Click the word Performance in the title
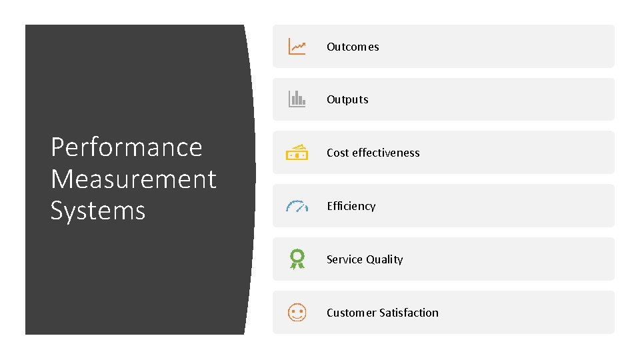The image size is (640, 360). (127, 147)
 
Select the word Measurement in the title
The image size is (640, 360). (133, 179)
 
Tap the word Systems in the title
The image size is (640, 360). (98, 211)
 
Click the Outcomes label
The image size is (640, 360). (353, 47)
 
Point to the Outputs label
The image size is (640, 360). (347, 100)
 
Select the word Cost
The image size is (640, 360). (337, 153)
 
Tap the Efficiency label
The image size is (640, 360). (351, 206)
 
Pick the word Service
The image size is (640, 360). (344, 259)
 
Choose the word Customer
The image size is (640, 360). (351, 313)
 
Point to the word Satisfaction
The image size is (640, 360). (409, 313)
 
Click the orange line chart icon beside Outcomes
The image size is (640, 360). (297, 47)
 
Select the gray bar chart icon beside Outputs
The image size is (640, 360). (297, 99)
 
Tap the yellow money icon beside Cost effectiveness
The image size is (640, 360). (297, 153)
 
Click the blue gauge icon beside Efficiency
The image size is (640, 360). (297, 206)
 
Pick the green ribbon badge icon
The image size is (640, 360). (297, 259)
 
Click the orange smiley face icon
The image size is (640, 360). (297, 312)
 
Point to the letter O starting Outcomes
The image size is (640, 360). (331, 47)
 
